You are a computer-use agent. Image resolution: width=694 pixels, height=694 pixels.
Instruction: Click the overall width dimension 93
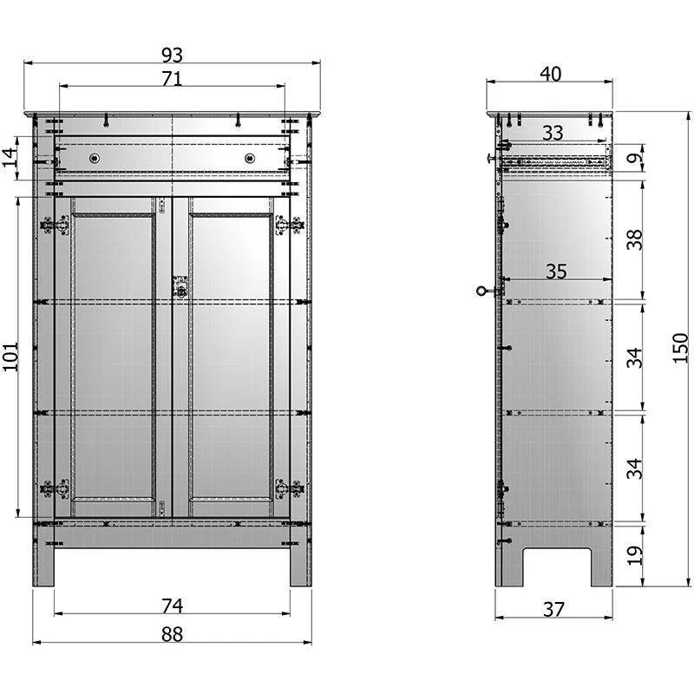(x=172, y=55)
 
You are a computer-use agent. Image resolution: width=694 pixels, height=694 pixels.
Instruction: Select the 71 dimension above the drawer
(x=172, y=79)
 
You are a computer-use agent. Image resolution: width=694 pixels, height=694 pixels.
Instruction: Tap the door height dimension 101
(x=10, y=356)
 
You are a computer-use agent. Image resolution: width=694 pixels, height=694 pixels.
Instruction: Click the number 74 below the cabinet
(x=172, y=605)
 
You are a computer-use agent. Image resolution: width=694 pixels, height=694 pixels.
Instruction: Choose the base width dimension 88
(x=172, y=634)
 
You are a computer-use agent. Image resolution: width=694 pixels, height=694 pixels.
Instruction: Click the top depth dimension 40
(x=550, y=74)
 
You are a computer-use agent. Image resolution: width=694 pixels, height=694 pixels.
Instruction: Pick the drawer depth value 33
(x=552, y=133)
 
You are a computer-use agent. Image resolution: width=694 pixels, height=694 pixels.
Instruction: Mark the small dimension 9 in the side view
(x=636, y=159)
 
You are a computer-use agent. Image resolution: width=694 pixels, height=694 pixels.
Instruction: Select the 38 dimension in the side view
(x=636, y=239)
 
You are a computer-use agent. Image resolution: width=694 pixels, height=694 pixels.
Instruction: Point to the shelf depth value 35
(x=555, y=271)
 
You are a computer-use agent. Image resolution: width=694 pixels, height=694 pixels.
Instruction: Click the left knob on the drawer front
(x=95, y=158)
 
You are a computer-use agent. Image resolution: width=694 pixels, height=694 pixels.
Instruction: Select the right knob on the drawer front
(x=250, y=158)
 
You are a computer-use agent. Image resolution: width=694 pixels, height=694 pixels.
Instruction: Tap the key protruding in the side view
(x=483, y=292)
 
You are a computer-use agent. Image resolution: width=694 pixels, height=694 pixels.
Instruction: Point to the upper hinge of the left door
(x=55, y=225)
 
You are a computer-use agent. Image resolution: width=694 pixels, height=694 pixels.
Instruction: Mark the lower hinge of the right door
(x=288, y=488)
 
